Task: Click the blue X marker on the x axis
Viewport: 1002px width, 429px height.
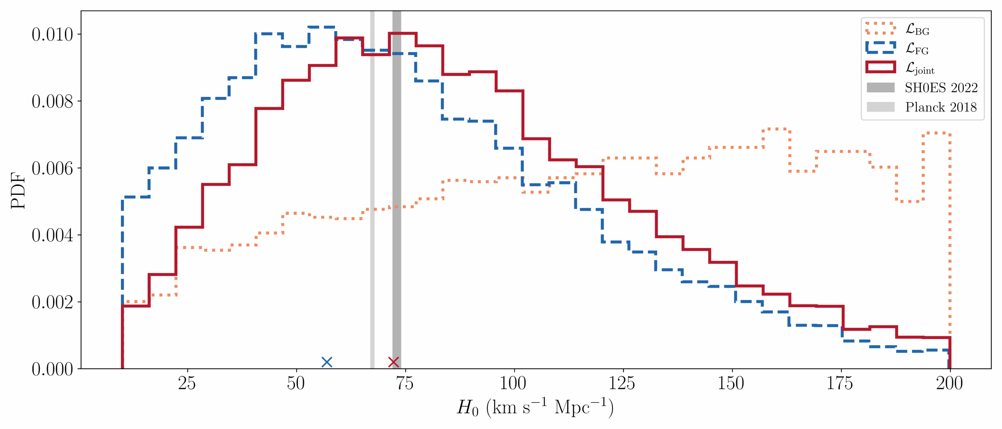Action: (x=326, y=362)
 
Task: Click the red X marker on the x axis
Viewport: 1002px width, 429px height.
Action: (x=393, y=362)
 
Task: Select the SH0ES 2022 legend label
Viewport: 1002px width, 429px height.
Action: (x=941, y=88)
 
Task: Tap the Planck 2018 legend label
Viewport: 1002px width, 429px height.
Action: (x=941, y=107)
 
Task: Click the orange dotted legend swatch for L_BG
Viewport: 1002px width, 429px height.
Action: (x=880, y=29)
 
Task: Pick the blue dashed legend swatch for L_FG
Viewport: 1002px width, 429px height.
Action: (x=880, y=48)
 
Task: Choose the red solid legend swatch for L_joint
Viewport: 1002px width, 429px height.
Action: (x=880, y=67)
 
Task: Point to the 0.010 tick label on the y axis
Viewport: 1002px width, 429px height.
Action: (x=52, y=34)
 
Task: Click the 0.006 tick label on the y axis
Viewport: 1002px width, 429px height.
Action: (x=52, y=168)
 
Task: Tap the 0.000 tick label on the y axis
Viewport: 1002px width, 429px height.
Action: (x=52, y=369)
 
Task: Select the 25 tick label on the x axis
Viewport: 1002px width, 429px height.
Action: (x=187, y=383)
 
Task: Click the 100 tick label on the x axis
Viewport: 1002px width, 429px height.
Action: (x=513, y=383)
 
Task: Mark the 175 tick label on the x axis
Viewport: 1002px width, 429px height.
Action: (x=840, y=383)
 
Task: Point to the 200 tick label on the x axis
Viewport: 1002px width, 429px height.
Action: (x=949, y=383)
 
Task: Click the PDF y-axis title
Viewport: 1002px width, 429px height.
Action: (x=18, y=190)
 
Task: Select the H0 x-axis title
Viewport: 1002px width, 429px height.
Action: (x=535, y=407)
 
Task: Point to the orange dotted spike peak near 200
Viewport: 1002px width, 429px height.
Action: (x=937, y=133)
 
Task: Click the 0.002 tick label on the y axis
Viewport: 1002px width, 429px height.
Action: (x=52, y=302)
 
